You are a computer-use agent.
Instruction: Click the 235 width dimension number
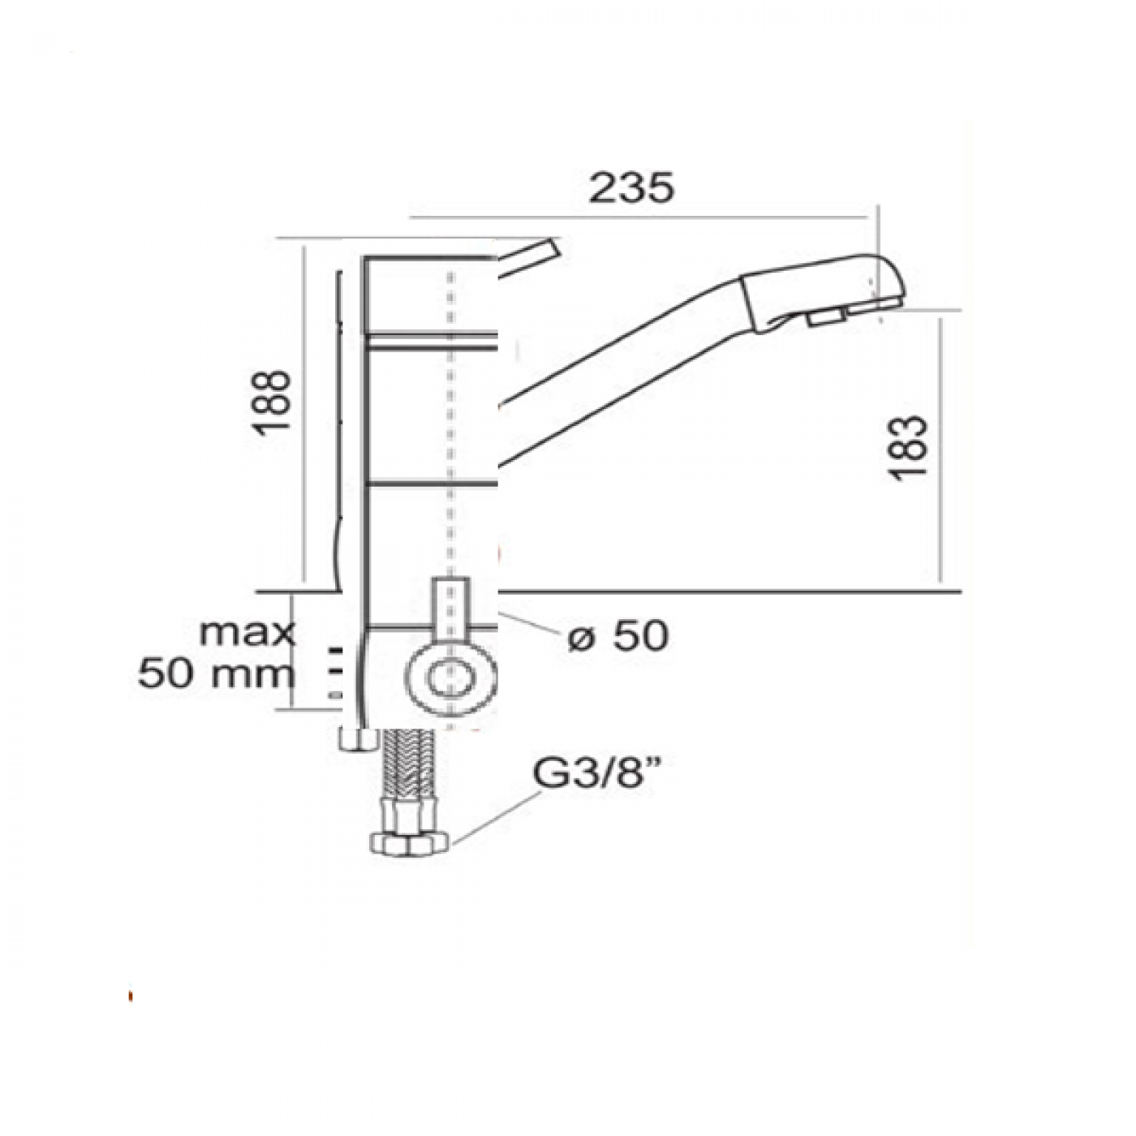[631, 188]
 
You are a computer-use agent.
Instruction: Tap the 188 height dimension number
[273, 403]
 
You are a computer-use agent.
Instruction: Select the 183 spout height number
[910, 448]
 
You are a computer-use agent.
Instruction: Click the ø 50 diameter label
[619, 635]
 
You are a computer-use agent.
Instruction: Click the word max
[247, 632]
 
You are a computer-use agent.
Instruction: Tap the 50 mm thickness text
[216, 673]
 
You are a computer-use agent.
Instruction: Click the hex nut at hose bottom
[411, 843]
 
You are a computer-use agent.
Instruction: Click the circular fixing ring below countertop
[450, 678]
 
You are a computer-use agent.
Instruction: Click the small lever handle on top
[530, 255]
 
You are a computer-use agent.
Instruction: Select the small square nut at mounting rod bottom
[358, 739]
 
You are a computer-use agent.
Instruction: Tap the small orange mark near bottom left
[131, 996]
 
